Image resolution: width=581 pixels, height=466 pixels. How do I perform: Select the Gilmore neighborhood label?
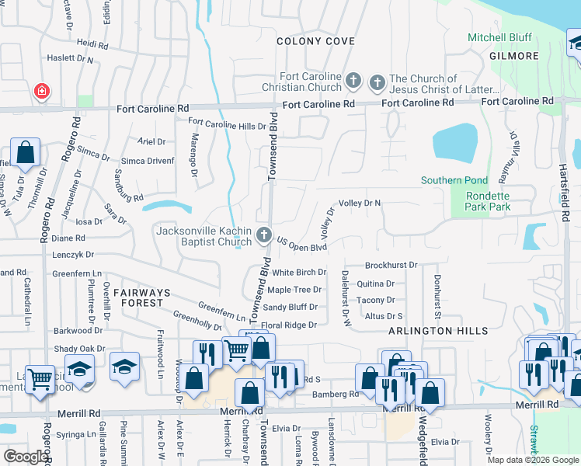click(x=513, y=56)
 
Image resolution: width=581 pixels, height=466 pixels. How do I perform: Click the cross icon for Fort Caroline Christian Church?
click(x=353, y=80)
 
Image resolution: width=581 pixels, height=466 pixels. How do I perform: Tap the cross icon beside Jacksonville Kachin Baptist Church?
click(x=264, y=235)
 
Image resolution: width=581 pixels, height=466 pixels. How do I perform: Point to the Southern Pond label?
click(x=454, y=180)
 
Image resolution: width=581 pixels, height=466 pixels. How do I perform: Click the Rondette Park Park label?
click(x=488, y=202)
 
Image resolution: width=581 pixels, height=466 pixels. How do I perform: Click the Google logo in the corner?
click(x=25, y=457)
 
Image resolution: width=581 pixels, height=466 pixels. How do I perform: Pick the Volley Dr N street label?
click(x=359, y=203)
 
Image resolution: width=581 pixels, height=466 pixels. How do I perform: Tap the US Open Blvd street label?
click(x=301, y=246)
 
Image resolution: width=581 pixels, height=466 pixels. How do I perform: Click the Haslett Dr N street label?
click(x=68, y=59)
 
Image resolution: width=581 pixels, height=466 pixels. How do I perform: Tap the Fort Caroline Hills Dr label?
click(x=227, y=124)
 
